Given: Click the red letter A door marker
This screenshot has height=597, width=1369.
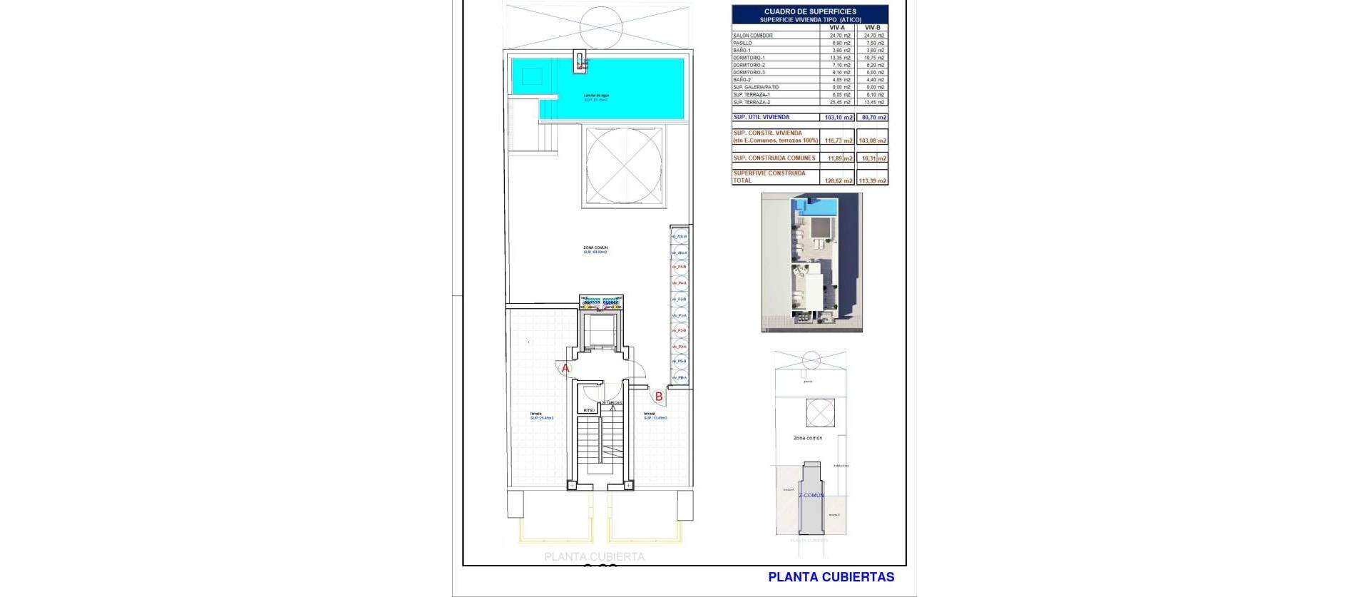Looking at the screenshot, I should [x=565, y=368].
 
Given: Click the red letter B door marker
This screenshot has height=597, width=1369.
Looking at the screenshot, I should [x=659, y=396].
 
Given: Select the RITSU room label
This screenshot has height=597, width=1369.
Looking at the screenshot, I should [x=589, y=410].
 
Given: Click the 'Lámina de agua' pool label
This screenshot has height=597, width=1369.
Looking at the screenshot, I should [x=596, y=95].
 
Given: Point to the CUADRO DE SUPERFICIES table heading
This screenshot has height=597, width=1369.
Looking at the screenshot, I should [x=809, y=11].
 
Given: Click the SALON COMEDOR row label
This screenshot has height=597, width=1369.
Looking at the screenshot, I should [x=753, y=35].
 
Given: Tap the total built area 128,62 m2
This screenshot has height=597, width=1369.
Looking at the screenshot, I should [x=839, y=180].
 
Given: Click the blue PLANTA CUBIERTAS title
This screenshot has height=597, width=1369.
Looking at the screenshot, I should [x=831, y=577].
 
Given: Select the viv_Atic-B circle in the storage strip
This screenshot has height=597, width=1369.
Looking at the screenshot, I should [x=680, y=236].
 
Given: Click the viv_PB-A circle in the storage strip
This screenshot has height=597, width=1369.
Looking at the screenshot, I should [x=680, y=377].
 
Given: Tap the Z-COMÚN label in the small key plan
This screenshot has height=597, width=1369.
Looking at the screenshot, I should [x=811, y=494].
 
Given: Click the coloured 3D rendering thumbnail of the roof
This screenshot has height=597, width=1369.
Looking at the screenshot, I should [x=811, y=262].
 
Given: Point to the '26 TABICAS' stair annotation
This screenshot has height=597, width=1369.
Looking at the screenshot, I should [x=612, y=403].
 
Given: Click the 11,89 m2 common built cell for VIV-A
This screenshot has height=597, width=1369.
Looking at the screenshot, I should [x=839, y=158].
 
